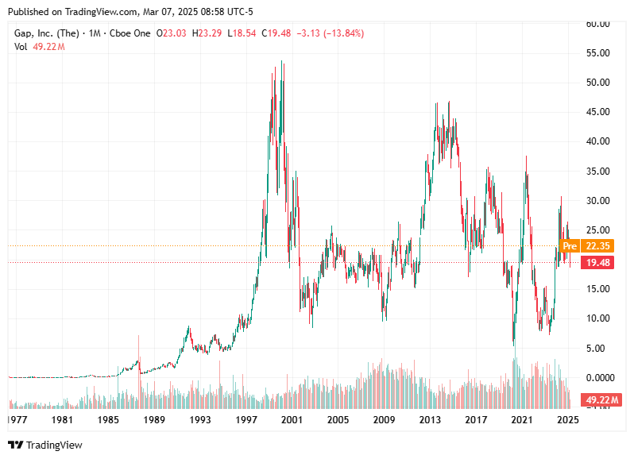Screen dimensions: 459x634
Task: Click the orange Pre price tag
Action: pyautogui.click(x=569, y=245)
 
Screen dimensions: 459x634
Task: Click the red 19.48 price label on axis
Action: pyautogui.click(x=598, y=262)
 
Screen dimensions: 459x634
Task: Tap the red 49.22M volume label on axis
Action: pyautogui.click(x=601, y=399)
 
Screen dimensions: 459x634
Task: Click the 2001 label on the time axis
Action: pyautogui.click(x=292, y=419)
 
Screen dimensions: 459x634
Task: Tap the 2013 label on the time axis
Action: pyautogui.click(x=430, y=419)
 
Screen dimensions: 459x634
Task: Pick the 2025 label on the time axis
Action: pyautogui.click(x=567, y=419)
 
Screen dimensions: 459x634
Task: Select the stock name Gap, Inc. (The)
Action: pyautogui.click(x=47, y=33)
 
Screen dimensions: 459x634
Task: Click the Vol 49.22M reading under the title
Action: pyautogui.click(x=39, y=47)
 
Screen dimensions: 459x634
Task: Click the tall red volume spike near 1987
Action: pyautogui.click(x=139, y=349)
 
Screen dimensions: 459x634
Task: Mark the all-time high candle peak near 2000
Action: pyautogui.click(x=283, y=62)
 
